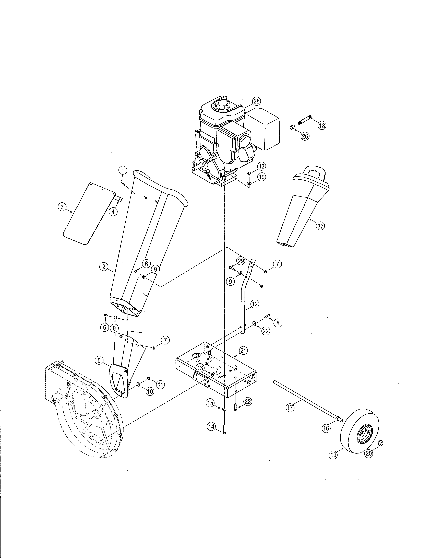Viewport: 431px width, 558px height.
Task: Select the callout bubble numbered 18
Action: [322, 125]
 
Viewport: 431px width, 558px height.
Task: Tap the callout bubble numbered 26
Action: [305, 136]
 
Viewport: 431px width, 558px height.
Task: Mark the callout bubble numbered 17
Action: [290, 407]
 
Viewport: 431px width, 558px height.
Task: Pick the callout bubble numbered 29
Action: [241, 261]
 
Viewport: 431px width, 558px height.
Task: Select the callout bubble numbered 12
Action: [255, 304]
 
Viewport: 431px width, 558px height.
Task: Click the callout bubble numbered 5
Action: [99, 361]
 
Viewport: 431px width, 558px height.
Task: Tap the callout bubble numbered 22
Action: [266, 331]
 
